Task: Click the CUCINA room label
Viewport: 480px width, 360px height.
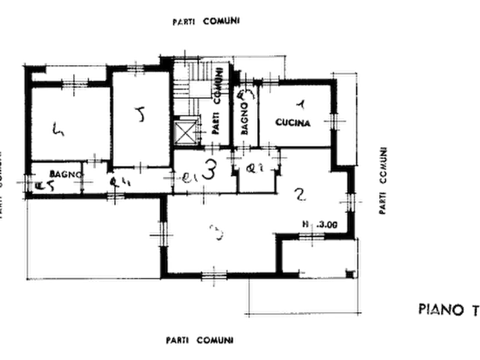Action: tap(293, 124)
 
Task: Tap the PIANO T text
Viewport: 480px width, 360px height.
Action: tap(448, 309)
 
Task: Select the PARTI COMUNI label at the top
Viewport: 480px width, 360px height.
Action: tap(208, 21)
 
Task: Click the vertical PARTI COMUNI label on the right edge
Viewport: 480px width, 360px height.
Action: tap(383, 179)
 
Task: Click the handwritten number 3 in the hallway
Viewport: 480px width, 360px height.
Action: tap(211, 171)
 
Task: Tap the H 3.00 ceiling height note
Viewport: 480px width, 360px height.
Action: tap(319, 225)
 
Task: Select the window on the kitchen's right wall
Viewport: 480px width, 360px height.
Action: tap(335, 121)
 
